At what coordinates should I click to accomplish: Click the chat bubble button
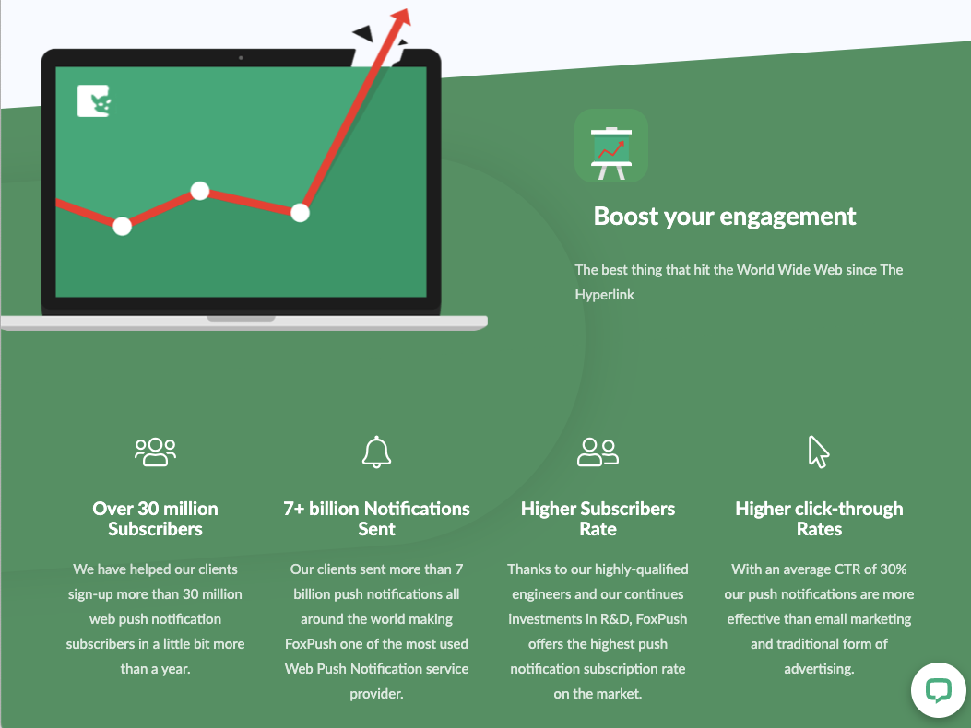tap(938, 690)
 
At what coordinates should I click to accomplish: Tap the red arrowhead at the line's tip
tap(401, 18)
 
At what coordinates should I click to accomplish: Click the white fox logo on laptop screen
tap(94, 101)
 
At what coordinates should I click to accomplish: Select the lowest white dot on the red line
tap(122, 226)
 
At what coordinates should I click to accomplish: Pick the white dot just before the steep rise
tap(300, 213)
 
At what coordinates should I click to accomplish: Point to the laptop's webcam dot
tap(241, 58)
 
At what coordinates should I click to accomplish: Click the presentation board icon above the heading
tap(610, 146)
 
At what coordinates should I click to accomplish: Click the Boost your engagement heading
tap(725, 217)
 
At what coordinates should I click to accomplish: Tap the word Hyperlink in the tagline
tap(605, 295)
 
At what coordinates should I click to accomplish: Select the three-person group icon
tap(155, 452)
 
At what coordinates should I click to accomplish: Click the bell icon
tap(376, 452)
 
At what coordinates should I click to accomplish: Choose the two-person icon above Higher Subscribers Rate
tap(598, 452)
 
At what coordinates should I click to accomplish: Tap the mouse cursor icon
tap(818, 452)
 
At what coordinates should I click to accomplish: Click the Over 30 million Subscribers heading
tap(155, 519)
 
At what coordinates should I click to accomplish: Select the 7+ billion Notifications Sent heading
tap(376, 519)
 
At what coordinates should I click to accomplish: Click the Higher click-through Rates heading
tap(819, 519)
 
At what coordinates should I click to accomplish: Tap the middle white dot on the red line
tap(200, 192)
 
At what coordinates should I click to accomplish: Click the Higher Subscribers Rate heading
tap(598, 519)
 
